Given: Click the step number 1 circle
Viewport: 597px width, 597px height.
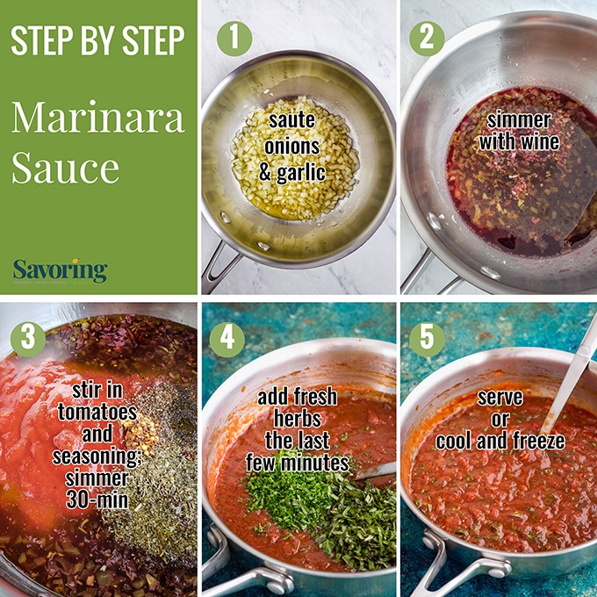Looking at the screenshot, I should click(234, 38).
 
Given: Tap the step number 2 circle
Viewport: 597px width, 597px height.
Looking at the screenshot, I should click(426, 38).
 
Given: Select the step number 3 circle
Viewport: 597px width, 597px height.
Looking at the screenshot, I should click(27, 339).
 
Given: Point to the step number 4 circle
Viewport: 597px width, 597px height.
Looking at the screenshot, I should click(227, 339).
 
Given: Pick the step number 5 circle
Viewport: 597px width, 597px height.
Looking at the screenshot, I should click(427, 339).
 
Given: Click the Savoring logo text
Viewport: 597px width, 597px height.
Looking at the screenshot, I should click(60, 270).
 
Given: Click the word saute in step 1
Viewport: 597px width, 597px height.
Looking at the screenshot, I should click(292, 117).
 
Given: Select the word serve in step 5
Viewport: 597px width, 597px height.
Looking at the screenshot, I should click(500, 398).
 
